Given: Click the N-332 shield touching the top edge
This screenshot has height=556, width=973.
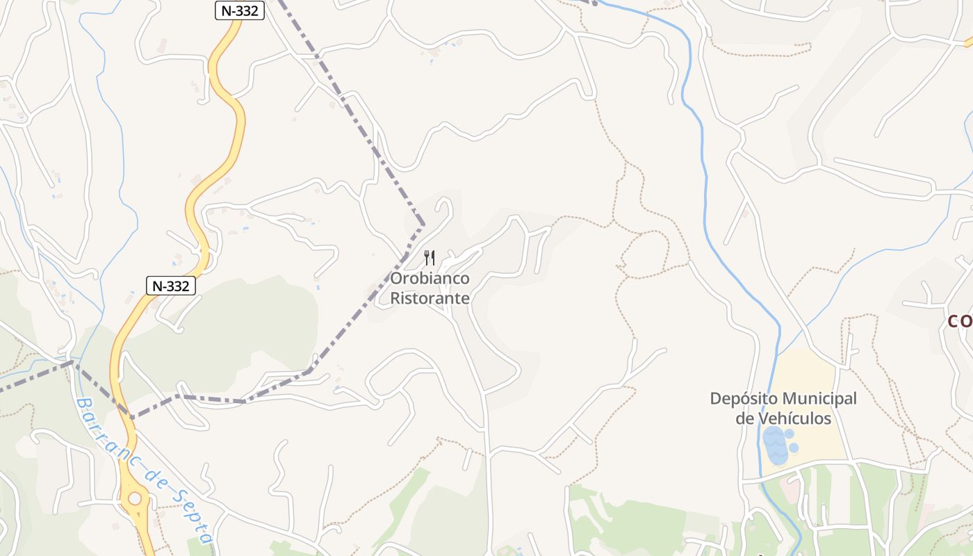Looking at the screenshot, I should point(239,10).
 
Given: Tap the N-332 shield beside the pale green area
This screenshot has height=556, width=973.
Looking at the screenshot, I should point(171,285).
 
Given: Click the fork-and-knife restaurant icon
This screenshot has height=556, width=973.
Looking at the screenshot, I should point(430,258).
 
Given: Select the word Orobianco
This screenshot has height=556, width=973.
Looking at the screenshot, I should point(430,279).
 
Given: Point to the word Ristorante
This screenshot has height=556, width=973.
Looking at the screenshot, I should point(430,299).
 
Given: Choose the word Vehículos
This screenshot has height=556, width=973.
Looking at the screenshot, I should point(795,418).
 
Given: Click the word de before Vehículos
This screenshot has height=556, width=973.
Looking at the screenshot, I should point(745,418).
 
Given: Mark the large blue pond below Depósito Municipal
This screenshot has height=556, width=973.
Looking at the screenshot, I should point(775,445).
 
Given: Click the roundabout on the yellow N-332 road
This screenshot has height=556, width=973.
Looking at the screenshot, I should point(134,498).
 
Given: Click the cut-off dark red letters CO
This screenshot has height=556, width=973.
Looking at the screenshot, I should point(961,321).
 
